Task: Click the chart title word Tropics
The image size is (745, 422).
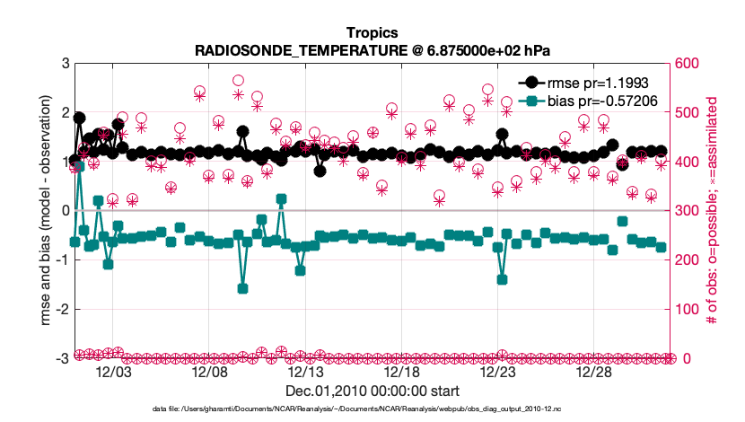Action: coord(372,34)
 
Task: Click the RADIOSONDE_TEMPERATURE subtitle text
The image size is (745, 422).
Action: coord(372,51)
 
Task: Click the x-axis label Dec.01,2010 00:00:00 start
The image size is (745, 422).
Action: coord(372,391)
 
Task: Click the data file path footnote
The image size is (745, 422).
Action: coord(372,409)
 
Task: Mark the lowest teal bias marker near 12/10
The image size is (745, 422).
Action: coord(242,288)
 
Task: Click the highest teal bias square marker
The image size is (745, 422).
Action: coord(79,165)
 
